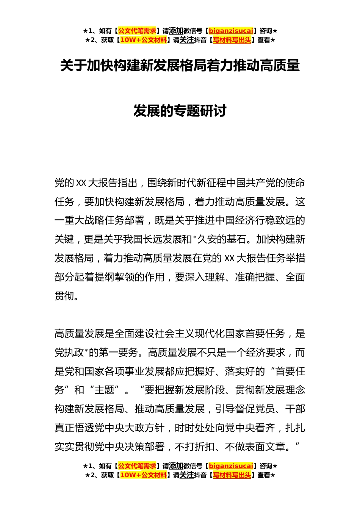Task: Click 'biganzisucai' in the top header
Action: point(231,31)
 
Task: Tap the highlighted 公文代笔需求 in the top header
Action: point(137,31)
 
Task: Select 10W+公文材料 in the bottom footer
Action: point(143,475)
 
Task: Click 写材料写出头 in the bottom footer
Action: point(232,475)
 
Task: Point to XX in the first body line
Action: point(81,183)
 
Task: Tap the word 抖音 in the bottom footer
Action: point(200,475)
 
